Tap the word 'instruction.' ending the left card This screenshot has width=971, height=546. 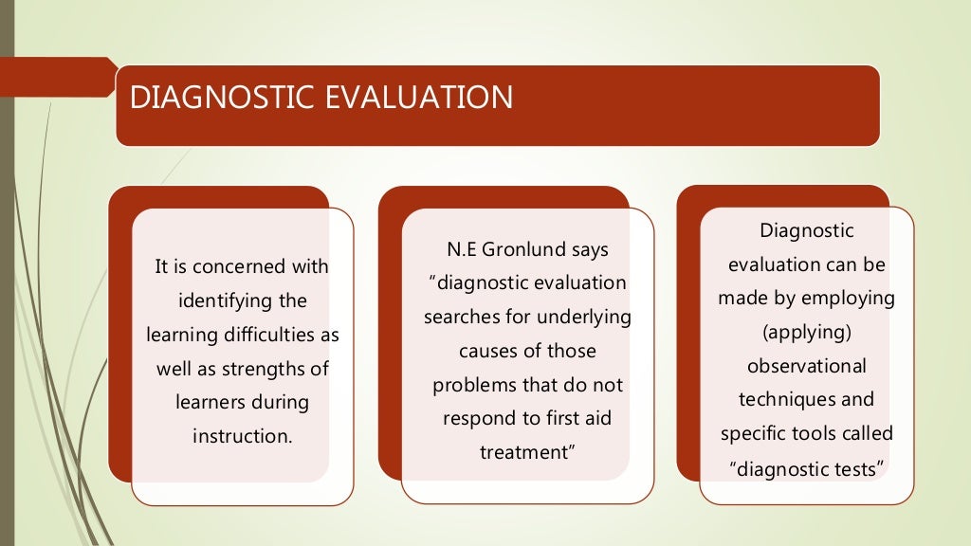[x=242, y=436]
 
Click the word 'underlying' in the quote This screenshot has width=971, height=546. [x=585, y=317]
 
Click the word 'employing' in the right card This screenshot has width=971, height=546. [x=849, y=298]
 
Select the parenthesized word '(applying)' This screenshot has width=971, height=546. [x=806, y=332]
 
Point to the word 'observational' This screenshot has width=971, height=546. [x=806, y=366]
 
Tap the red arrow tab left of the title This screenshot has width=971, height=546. [x=57, y=77]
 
